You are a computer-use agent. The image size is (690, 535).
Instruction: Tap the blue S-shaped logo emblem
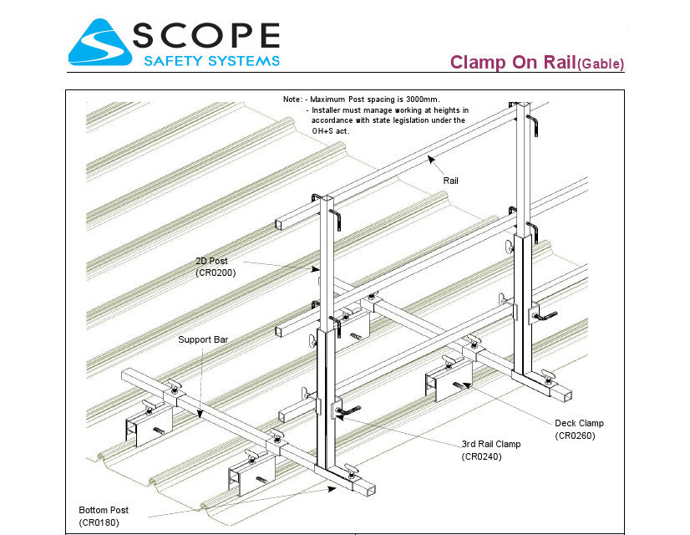(x=99, y=42)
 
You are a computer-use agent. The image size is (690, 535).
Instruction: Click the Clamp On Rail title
(x=512, y=62)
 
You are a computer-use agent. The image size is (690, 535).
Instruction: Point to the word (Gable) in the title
(x=601, y=64)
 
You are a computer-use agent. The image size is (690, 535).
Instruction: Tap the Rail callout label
(x=451, y=181)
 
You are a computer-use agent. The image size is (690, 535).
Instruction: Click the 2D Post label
(x=211, y=262)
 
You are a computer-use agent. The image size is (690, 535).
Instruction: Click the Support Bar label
(x=203, y=340)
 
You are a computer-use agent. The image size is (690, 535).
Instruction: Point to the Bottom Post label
(x=104, y=510)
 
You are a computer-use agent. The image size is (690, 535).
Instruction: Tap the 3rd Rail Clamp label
(x=491, y=444)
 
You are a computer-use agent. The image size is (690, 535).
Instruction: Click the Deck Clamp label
(x=579, y=423)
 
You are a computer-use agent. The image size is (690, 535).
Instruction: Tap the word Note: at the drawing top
(x=293, y=99)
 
